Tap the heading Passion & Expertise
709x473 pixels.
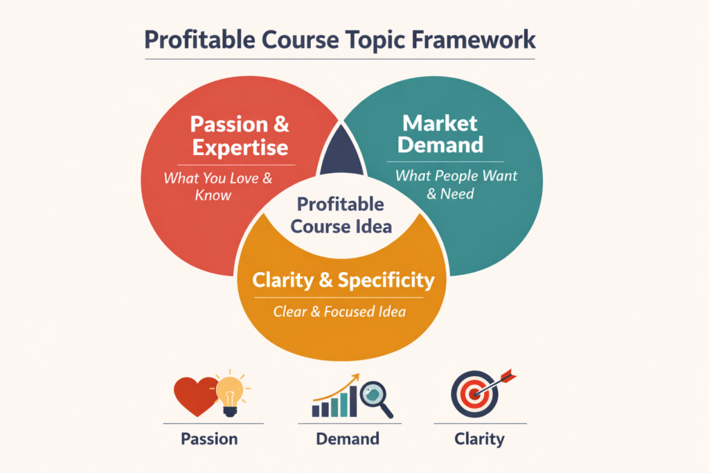point(240,136)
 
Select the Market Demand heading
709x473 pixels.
point(441,134)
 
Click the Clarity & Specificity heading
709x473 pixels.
point(343,280)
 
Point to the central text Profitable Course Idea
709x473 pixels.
point(341,215)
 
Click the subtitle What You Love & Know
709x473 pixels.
point(218,186)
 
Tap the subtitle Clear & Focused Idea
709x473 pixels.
point(339,312)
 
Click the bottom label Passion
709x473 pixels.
point(209,438)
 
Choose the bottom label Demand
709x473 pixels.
point(348,438)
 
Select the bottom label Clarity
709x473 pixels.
point(480,438)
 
